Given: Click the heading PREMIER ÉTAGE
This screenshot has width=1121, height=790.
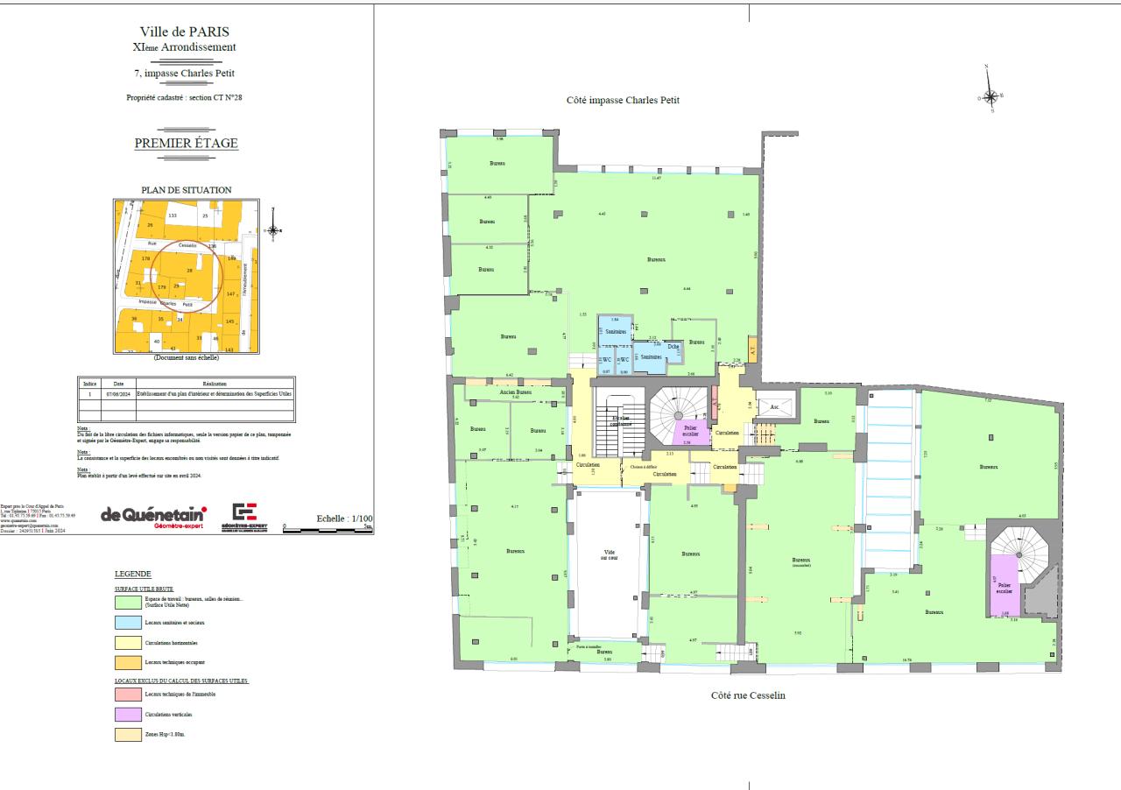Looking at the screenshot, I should coord(186,144).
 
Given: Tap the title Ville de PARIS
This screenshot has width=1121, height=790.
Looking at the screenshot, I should coord(186,32).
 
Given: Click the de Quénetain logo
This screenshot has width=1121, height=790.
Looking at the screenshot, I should coord(153,515).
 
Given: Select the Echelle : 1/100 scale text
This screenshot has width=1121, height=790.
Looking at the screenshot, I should coord(344,518).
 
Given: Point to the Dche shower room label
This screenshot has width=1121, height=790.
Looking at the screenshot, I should coord(673,347).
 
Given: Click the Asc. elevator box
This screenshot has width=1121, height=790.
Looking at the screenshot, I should coord(774,406).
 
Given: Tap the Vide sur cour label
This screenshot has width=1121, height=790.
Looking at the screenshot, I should coord(610,555).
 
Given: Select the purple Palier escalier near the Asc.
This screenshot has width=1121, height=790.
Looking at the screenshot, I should coord(690,430).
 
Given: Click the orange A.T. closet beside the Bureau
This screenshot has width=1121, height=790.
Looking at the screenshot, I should coord(752,347).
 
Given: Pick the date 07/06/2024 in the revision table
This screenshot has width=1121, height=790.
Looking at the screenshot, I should coord(118,394).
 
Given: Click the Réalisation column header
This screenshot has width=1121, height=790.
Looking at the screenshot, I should coord(214,384).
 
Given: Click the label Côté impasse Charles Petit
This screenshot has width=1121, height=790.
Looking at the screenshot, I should coord(623,100).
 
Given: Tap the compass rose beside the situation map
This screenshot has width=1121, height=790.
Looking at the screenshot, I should coord(273,231).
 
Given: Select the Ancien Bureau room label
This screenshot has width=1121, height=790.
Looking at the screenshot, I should coord(516,392).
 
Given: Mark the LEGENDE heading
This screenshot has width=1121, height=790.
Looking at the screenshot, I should coord(132,574).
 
